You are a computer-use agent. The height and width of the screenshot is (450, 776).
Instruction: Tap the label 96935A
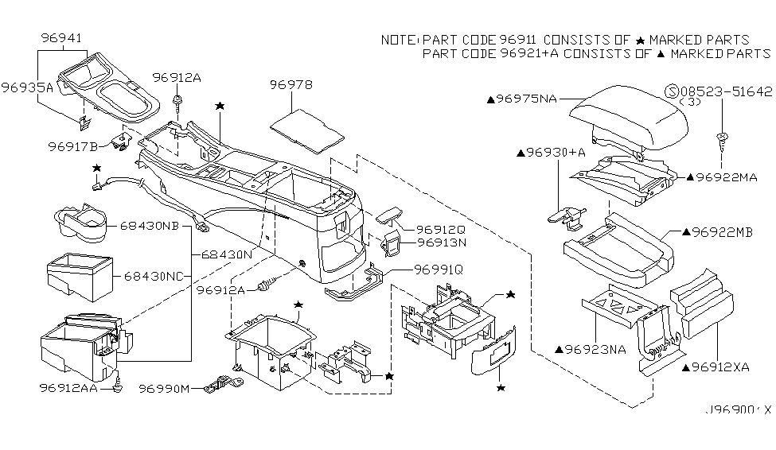[x=26, y=88]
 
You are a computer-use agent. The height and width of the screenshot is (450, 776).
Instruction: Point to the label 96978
[x=291, y=85]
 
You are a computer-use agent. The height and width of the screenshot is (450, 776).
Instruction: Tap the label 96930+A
[x=550, y=151]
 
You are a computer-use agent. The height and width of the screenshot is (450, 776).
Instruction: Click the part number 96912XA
[x=723, y=368]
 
